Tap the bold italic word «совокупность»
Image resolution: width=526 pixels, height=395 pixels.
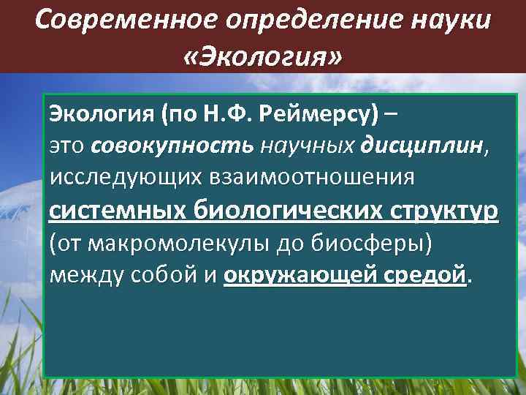pyautogui.click(x=172, y=146)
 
